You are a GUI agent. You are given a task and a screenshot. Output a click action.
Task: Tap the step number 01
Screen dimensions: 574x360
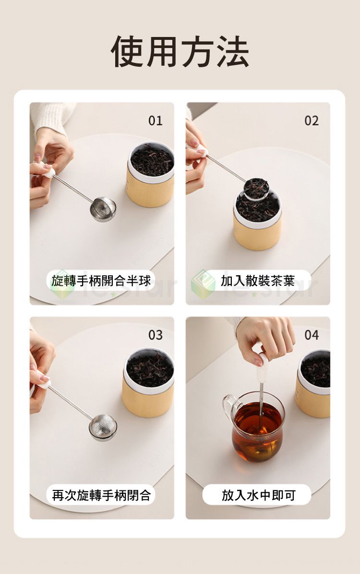[x=155, y=121]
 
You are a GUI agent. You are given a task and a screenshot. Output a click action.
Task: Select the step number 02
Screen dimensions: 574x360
[x=312, y=121]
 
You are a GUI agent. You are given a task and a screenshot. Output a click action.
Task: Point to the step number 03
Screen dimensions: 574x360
[x=155, y=335]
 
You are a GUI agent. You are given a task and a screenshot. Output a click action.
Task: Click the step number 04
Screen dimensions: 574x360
[x=312, y=335]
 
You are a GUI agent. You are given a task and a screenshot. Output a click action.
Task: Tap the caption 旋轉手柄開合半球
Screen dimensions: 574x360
[x=101, y=281]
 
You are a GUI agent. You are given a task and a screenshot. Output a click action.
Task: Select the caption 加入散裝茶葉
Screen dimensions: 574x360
[x=257, y=281]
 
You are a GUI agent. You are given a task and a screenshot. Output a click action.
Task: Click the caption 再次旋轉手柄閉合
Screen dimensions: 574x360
[x=101, y=495]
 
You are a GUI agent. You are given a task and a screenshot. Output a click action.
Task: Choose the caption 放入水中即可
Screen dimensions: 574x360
[x=258, y=495]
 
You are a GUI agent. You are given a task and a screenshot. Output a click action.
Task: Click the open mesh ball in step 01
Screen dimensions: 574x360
[x=103, y=209]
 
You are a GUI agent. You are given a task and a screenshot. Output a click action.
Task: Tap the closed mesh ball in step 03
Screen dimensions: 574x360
[x=103, y=427]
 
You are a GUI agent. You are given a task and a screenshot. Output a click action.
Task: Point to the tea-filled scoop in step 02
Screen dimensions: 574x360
[x=256, y=188]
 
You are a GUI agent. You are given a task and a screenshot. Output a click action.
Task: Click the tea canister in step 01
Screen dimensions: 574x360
[x=150, y=175]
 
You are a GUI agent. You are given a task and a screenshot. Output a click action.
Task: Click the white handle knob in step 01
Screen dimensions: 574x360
[x=48, y=171]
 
